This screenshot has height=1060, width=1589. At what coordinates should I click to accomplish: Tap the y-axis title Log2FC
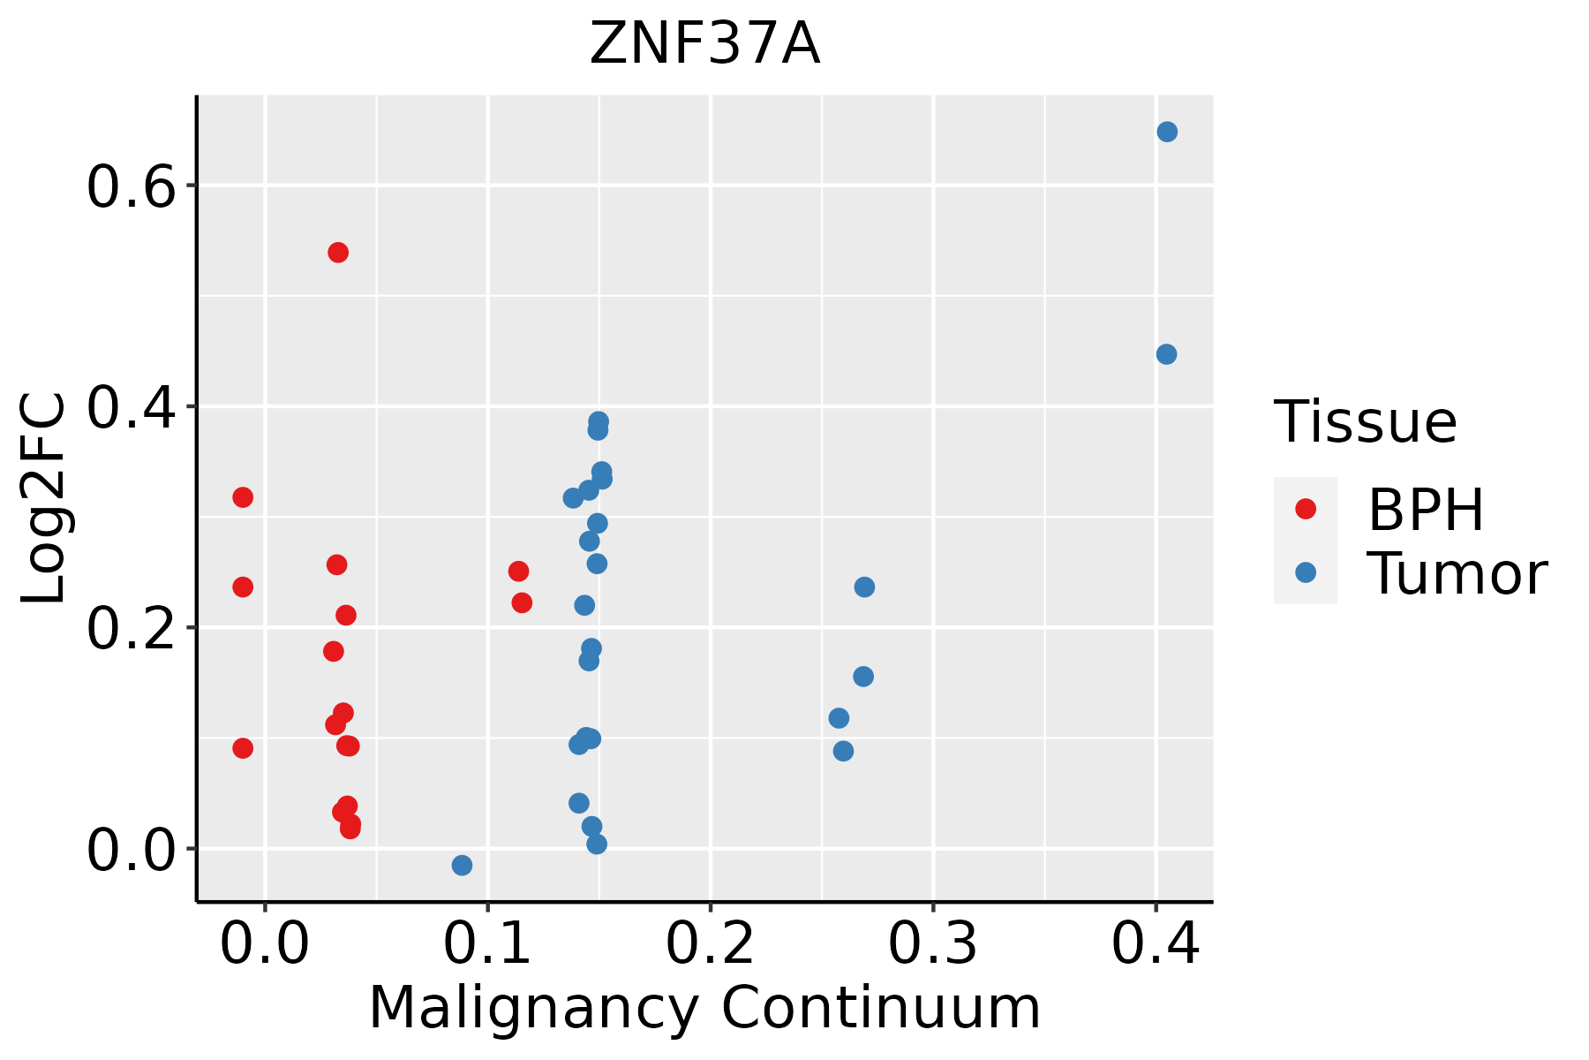coord(44,499)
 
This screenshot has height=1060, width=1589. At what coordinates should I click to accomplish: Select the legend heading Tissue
coord(1366,422)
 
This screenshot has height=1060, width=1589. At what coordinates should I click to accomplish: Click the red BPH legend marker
coord(1305,509)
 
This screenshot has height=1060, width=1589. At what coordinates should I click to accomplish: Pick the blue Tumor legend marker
coord(1305,572)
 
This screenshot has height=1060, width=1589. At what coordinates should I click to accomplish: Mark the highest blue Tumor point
coord(1167,132)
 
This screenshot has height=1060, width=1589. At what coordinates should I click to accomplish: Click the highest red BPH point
coord(338,253)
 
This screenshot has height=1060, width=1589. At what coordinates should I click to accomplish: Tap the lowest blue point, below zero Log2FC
coord(462,865)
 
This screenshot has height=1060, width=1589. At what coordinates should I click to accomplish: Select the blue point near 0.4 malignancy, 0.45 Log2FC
coord(1166,354)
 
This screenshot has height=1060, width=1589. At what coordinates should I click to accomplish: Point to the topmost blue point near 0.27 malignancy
coord(864,587)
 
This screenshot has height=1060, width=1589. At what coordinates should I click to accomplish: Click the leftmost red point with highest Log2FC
coord(243,497)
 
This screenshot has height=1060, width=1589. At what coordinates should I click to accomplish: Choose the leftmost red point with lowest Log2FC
coord(243,748)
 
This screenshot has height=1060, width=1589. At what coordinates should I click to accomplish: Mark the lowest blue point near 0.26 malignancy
coord(843,751)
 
